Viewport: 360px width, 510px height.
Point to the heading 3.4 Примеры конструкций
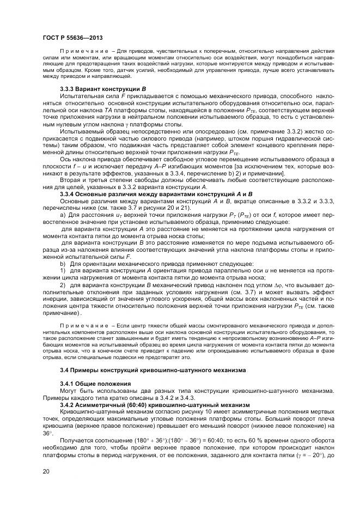[x=152, y=370]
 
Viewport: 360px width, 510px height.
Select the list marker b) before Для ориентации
[x=63, y=263]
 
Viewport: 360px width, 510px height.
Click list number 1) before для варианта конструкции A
[x=63, y=270]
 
